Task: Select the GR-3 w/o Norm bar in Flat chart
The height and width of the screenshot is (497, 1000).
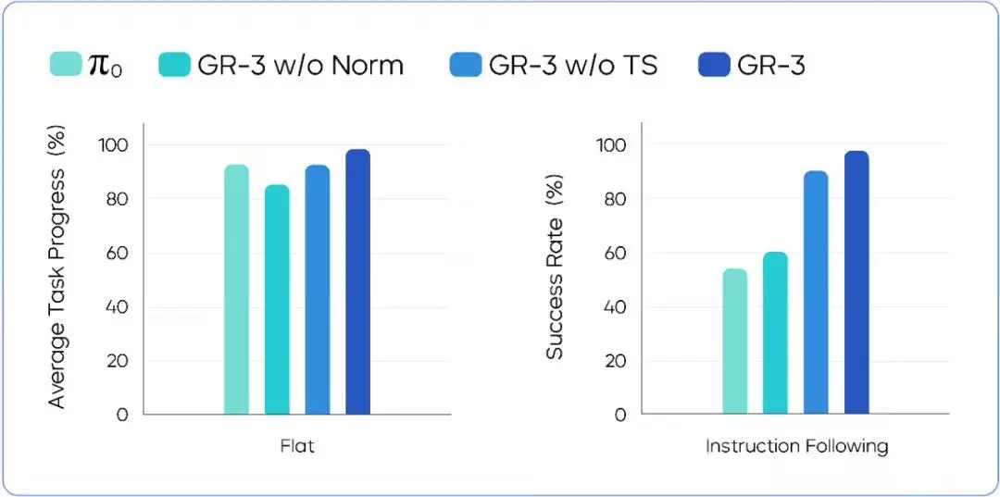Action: click(277, 300)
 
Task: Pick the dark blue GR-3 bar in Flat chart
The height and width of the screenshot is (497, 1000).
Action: click(357, 282)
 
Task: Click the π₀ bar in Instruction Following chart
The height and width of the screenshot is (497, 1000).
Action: click(734, 342)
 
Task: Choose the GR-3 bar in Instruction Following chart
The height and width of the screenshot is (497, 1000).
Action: click(856, 282)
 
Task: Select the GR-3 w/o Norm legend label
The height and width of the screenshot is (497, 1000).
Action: click(300, 65)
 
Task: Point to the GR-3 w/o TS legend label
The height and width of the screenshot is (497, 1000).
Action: click(573, 65)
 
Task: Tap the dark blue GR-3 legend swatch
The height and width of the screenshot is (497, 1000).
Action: click(713, 65)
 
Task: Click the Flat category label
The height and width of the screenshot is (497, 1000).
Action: click(297, 446)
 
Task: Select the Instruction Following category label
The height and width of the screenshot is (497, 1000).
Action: click(796, 446)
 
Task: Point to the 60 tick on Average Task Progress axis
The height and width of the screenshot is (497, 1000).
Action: click(116, 253)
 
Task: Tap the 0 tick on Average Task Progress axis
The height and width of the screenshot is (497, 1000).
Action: click(122, 415)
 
